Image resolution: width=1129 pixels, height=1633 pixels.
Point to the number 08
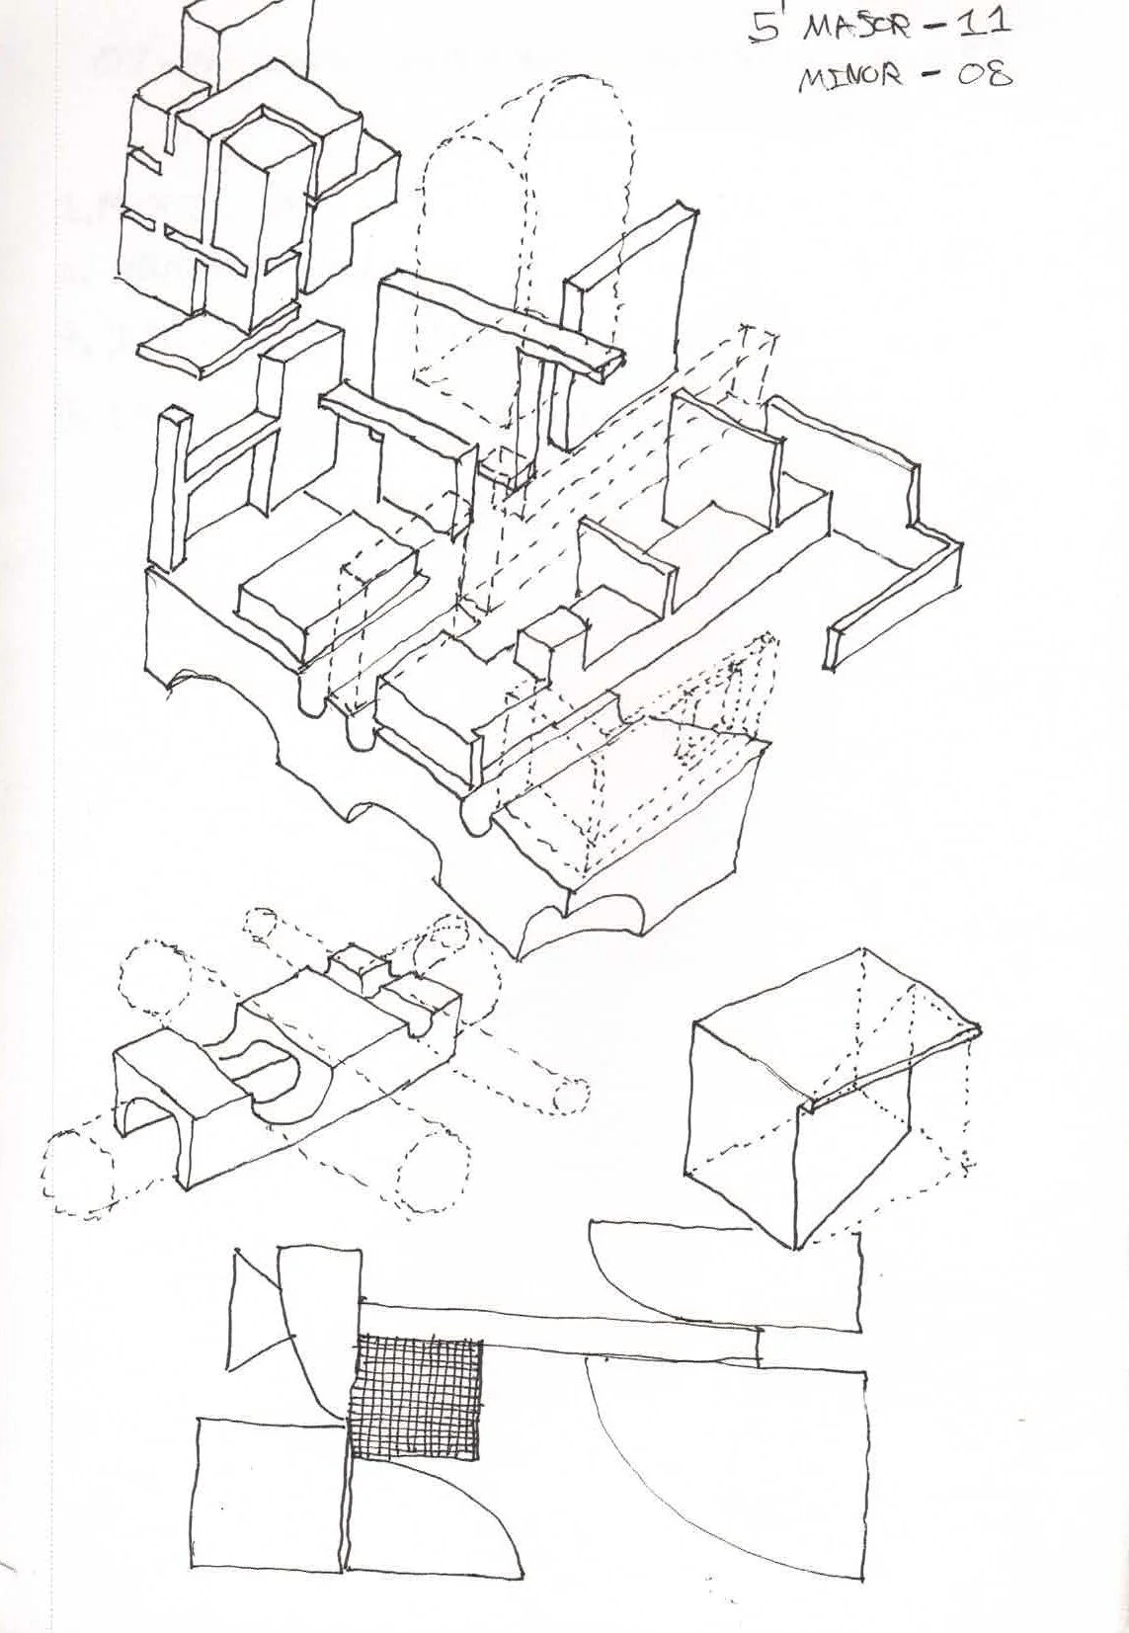[x=983, y=74]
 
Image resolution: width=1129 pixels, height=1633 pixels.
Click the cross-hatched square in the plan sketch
[x=416, y=1396]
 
